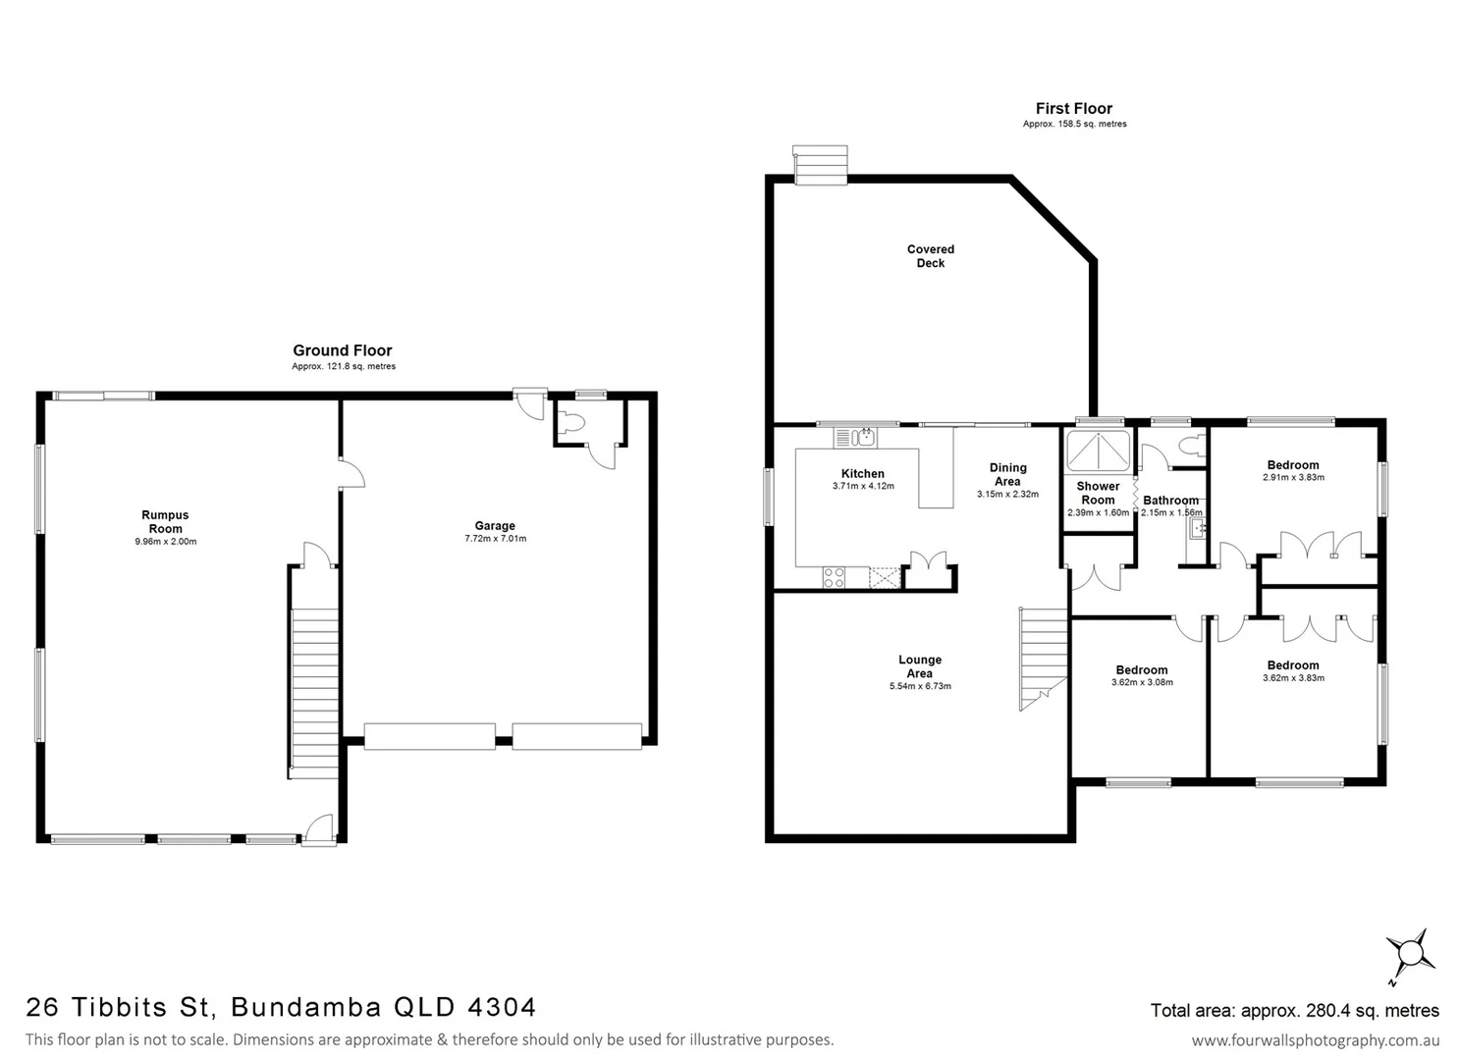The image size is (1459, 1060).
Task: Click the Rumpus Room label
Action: tap(165, 521)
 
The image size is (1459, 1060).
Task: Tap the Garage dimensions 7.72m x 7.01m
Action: tap(495, 539)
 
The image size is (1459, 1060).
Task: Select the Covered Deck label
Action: tap(930, 256)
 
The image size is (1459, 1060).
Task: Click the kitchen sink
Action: tap(865, 436)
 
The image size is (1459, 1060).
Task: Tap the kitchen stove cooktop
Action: tap(834, 577)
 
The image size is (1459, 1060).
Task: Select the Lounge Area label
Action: tap(919, 666)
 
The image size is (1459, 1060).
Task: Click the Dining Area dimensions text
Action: tap(1007, 495)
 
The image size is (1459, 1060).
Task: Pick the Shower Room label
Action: tap(1098, 493)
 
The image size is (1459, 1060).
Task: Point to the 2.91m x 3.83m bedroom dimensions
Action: tap(1293, 478)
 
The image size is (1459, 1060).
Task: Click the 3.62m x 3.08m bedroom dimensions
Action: tap(1142, 683)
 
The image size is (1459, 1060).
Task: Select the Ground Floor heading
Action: tap(342, 350)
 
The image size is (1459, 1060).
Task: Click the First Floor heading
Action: tap(1073, 109)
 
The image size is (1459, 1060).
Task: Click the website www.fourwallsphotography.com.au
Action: tap(1315, 1040)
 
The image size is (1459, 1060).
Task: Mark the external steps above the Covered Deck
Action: tap(820, 165)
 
